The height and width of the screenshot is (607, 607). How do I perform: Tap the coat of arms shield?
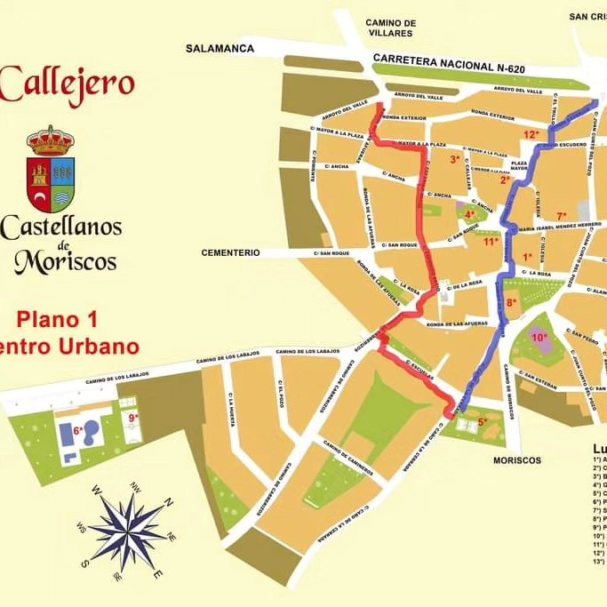(50, 175)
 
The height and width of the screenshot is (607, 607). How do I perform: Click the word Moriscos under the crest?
(65, 261)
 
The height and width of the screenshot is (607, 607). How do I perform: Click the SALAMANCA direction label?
(220, 49)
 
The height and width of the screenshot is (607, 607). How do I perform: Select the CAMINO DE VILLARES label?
(392, 28)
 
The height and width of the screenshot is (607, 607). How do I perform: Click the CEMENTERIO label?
(231, 252)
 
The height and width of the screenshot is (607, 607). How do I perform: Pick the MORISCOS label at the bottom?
(517, 460)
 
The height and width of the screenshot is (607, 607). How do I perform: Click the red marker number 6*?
(78, 430)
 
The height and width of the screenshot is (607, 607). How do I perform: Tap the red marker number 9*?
(133, 417)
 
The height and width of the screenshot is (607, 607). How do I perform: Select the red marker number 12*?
(531, 134)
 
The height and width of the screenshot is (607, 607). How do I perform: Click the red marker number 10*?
(539, 337)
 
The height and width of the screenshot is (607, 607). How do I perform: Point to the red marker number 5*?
(483, 422)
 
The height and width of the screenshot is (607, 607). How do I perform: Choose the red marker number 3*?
(455, 160)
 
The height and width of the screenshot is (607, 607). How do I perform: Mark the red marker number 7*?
(562, 216)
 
